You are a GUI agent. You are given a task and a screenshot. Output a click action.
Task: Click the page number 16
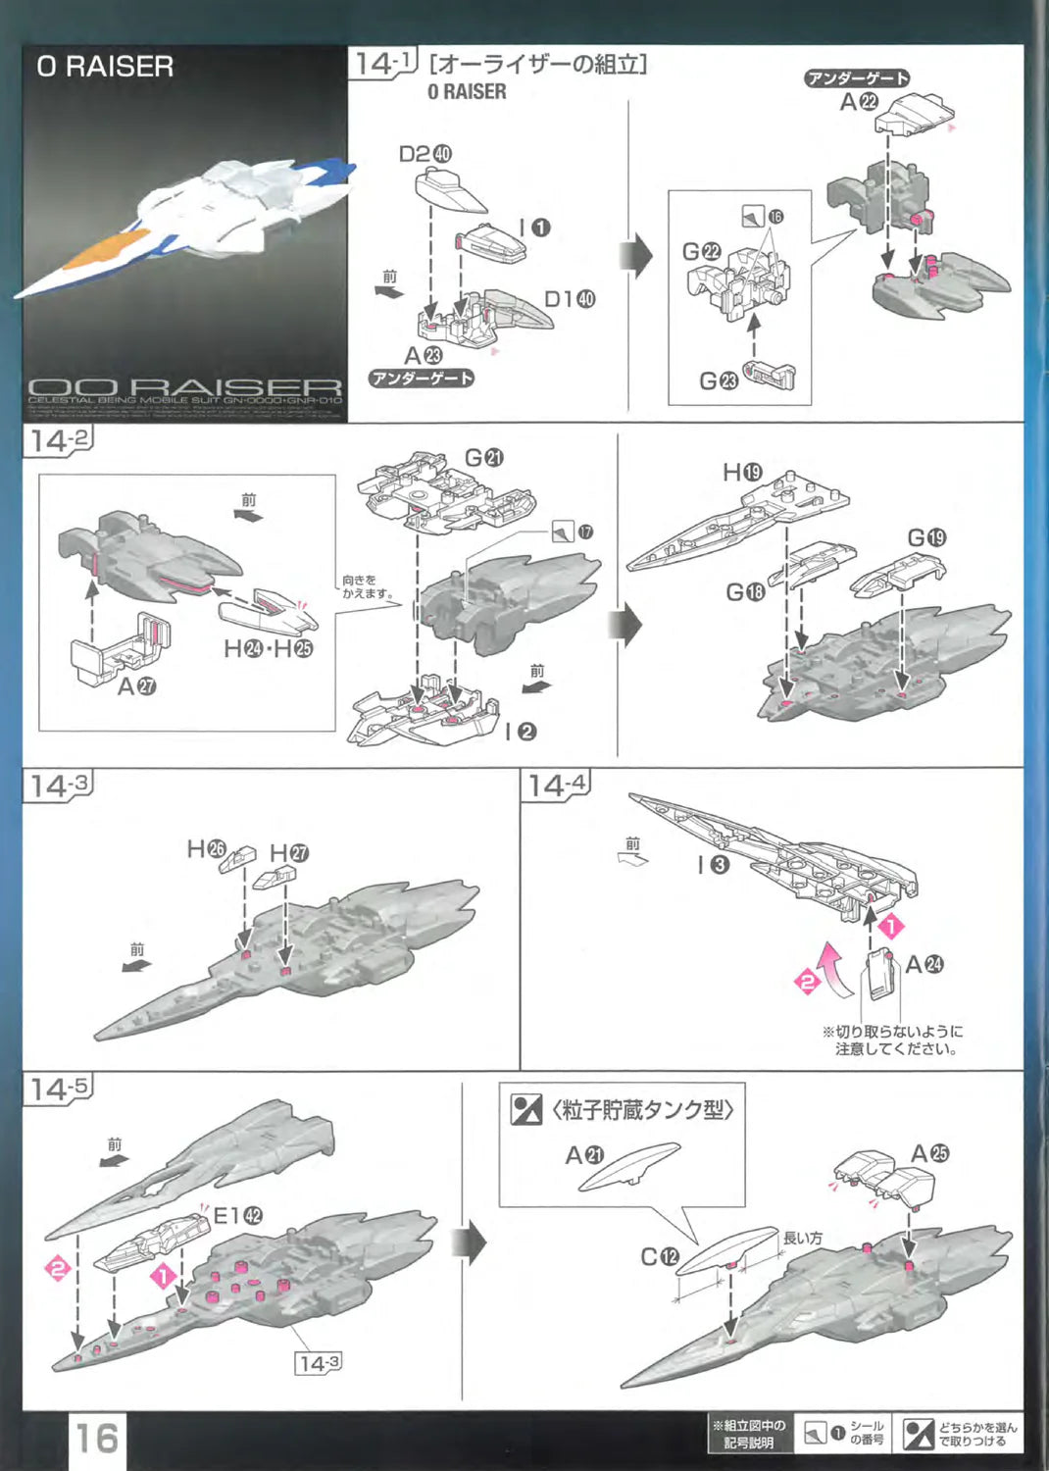click(97, 1438)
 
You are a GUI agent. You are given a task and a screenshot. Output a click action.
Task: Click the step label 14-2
click(57, 440)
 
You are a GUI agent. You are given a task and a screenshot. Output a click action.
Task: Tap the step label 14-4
click(556, 785)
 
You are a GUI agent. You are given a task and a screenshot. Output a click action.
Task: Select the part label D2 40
click(425, 154)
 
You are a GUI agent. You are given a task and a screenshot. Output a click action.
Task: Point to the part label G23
click(718, 380)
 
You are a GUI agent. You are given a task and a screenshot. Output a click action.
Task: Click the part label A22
click(859, 101)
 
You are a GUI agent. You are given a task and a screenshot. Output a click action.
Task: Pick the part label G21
click(483, 458)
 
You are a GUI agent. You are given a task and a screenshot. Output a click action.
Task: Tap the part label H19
click(742, 473)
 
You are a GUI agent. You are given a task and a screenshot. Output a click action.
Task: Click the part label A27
click(136, 686)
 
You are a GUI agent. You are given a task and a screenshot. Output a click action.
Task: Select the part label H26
click(206, 848)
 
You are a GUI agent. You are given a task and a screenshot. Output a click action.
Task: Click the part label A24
click(924, 964)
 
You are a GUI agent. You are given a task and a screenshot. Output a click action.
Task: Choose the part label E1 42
click(237, 1216)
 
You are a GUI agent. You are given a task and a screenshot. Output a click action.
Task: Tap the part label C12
click(659, 1256)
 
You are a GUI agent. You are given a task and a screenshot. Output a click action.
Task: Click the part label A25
click(929, 1153)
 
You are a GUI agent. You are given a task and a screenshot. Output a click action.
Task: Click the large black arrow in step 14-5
click(472, 1243)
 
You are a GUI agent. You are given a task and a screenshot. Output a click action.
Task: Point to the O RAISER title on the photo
click(105, 67)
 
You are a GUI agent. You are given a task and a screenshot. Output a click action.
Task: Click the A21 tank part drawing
click(629, 1168)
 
